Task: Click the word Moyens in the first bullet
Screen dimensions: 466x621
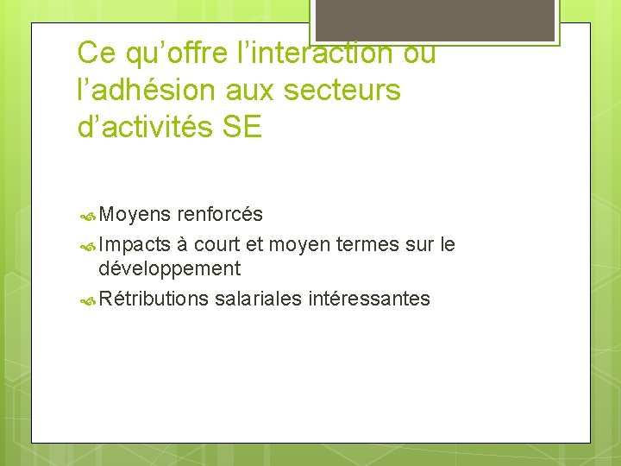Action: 134,214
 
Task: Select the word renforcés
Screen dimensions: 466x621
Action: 220,214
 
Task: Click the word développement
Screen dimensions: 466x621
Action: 169,268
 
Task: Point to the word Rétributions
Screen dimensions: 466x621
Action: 154,299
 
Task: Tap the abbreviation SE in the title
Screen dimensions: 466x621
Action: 241,128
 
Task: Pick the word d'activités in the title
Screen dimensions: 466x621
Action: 144,128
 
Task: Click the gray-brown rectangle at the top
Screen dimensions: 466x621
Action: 435,19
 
